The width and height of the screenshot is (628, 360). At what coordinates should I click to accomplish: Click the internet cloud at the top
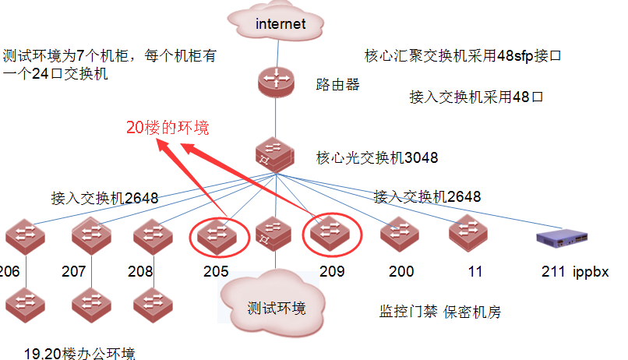[x=280, y=24]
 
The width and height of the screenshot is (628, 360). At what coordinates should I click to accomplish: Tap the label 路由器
[x=337, y=84]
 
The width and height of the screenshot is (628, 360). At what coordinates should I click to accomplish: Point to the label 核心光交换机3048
[x=376, y=158]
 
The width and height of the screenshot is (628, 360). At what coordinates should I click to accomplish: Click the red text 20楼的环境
[x=168, y=128]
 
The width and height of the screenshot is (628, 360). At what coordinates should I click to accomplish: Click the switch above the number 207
[x=91, y=234]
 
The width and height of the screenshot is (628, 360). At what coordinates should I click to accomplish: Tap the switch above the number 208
[x=152, y=234]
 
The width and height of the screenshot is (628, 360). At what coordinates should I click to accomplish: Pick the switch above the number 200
[x=400, y=233]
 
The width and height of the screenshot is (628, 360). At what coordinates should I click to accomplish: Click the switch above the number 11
[x=468, y=231]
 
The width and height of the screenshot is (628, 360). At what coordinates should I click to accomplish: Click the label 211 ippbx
[x=575, y=273]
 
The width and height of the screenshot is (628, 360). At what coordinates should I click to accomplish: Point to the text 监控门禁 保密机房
[x=439, y=312]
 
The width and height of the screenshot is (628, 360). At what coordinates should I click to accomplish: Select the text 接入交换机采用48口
[x=475, y=97]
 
